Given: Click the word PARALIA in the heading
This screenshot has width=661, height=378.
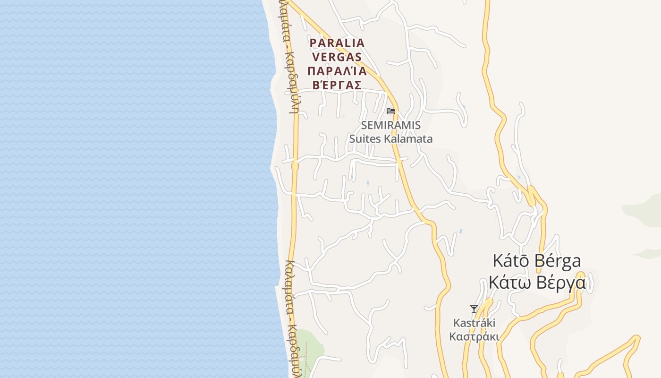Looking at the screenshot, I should pyautogui.click(x=337, y=43).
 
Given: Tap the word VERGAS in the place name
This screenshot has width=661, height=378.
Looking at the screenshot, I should pyautogui.click(x=337, y=57).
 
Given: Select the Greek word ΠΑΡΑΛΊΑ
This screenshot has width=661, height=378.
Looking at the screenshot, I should pyautogui.click(x=337, y=71).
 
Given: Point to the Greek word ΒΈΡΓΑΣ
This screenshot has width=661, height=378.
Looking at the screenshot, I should pyautogui.click(x=337, y=86).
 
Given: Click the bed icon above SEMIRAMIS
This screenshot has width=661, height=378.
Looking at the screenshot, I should pyautogui.click(x=390, y=111).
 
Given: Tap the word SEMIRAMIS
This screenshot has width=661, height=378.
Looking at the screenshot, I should pyautogui.click(x=390, y=126).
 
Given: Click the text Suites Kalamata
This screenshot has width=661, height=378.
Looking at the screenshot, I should pyautogui.click(x=390, y=139).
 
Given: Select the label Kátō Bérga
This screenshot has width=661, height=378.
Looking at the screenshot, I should pyautogui.click(x=537, y=260).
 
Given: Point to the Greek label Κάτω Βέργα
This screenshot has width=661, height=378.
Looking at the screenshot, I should pyautogui.click(x=537, y=283).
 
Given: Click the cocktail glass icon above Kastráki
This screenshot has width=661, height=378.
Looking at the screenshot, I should pyautogui.click(x=474, y=309).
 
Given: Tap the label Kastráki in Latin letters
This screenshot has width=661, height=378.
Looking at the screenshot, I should pyautogui.click(x=474, y=323).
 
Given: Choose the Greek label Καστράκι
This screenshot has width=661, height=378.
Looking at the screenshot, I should pyautogui.click(x=474, y=337).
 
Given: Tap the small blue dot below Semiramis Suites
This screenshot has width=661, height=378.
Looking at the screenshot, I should pyautogui.click(x=368, y=182).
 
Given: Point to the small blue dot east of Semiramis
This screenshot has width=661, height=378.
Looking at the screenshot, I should pyautogui.click(x=464, y=108).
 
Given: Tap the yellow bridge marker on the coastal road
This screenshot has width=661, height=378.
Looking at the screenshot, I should pyautogui.click(x=295, y=166).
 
